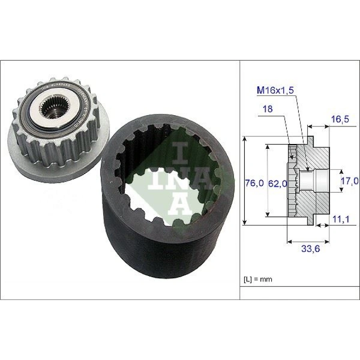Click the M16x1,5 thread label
[x=275, y=91]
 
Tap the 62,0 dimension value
[x=278, y=183]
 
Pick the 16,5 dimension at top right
[x=340, y=118]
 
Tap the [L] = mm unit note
[x=258, y=279]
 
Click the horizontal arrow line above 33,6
[x=308, y=242]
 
